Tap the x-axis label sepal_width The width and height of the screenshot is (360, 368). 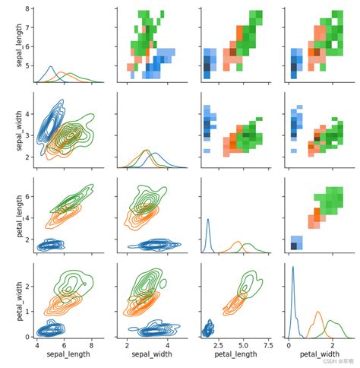[x=146, y=354]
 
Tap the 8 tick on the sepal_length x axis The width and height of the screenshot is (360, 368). [x=92, y=344]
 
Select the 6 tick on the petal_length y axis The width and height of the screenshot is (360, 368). [x=27, y=196]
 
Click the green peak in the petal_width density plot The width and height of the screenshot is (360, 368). [x=333, y=322]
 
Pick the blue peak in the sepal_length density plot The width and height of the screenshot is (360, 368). [x=51, y=68]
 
